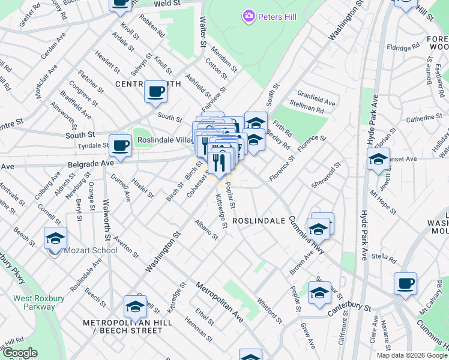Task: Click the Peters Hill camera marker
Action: coord(249,17)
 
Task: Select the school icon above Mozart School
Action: coord(55,238)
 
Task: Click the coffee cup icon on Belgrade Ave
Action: coord(120,146)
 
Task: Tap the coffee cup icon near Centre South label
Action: coord(156,92)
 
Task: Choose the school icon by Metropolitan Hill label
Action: coord(135,307)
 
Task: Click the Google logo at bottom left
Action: coord(20,353)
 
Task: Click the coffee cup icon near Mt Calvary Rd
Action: coord(405,283)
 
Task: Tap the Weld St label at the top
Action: coord(151,4)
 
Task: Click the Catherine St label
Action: coord(424,119)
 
